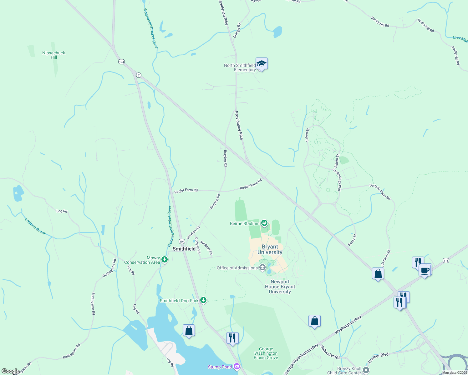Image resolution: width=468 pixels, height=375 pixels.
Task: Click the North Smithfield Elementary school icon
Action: tap(262, 64)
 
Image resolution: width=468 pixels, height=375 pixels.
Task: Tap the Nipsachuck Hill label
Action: tap(54, 55)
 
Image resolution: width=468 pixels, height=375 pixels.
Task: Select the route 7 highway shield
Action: tap(139, 75)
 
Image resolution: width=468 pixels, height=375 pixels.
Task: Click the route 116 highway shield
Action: tap(446, 260)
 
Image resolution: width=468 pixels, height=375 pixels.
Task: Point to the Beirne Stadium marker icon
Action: tap(265, 223)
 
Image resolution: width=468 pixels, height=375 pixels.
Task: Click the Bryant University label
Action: tap(270, 249)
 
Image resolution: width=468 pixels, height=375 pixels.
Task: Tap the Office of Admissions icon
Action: tap(262, 267)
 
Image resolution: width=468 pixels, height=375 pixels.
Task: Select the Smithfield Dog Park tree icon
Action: tap(203, 300)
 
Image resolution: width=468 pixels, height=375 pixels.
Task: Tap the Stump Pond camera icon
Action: tap(237, 367)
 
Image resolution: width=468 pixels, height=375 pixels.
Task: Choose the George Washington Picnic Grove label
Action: tap(266, 353)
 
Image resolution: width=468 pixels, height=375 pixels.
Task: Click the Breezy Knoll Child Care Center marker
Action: tap(366, 370)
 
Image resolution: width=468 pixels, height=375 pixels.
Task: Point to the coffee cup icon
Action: tap(425, 270)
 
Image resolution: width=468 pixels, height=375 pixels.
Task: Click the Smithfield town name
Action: tap(184, 249)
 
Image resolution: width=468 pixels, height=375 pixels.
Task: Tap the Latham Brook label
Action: tap(35, 227)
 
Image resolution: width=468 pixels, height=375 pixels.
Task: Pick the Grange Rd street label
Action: tap(237, 31)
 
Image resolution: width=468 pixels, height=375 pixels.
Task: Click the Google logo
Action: tap(10, 371)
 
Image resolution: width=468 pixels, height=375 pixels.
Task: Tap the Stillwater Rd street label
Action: tap(330, 352)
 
